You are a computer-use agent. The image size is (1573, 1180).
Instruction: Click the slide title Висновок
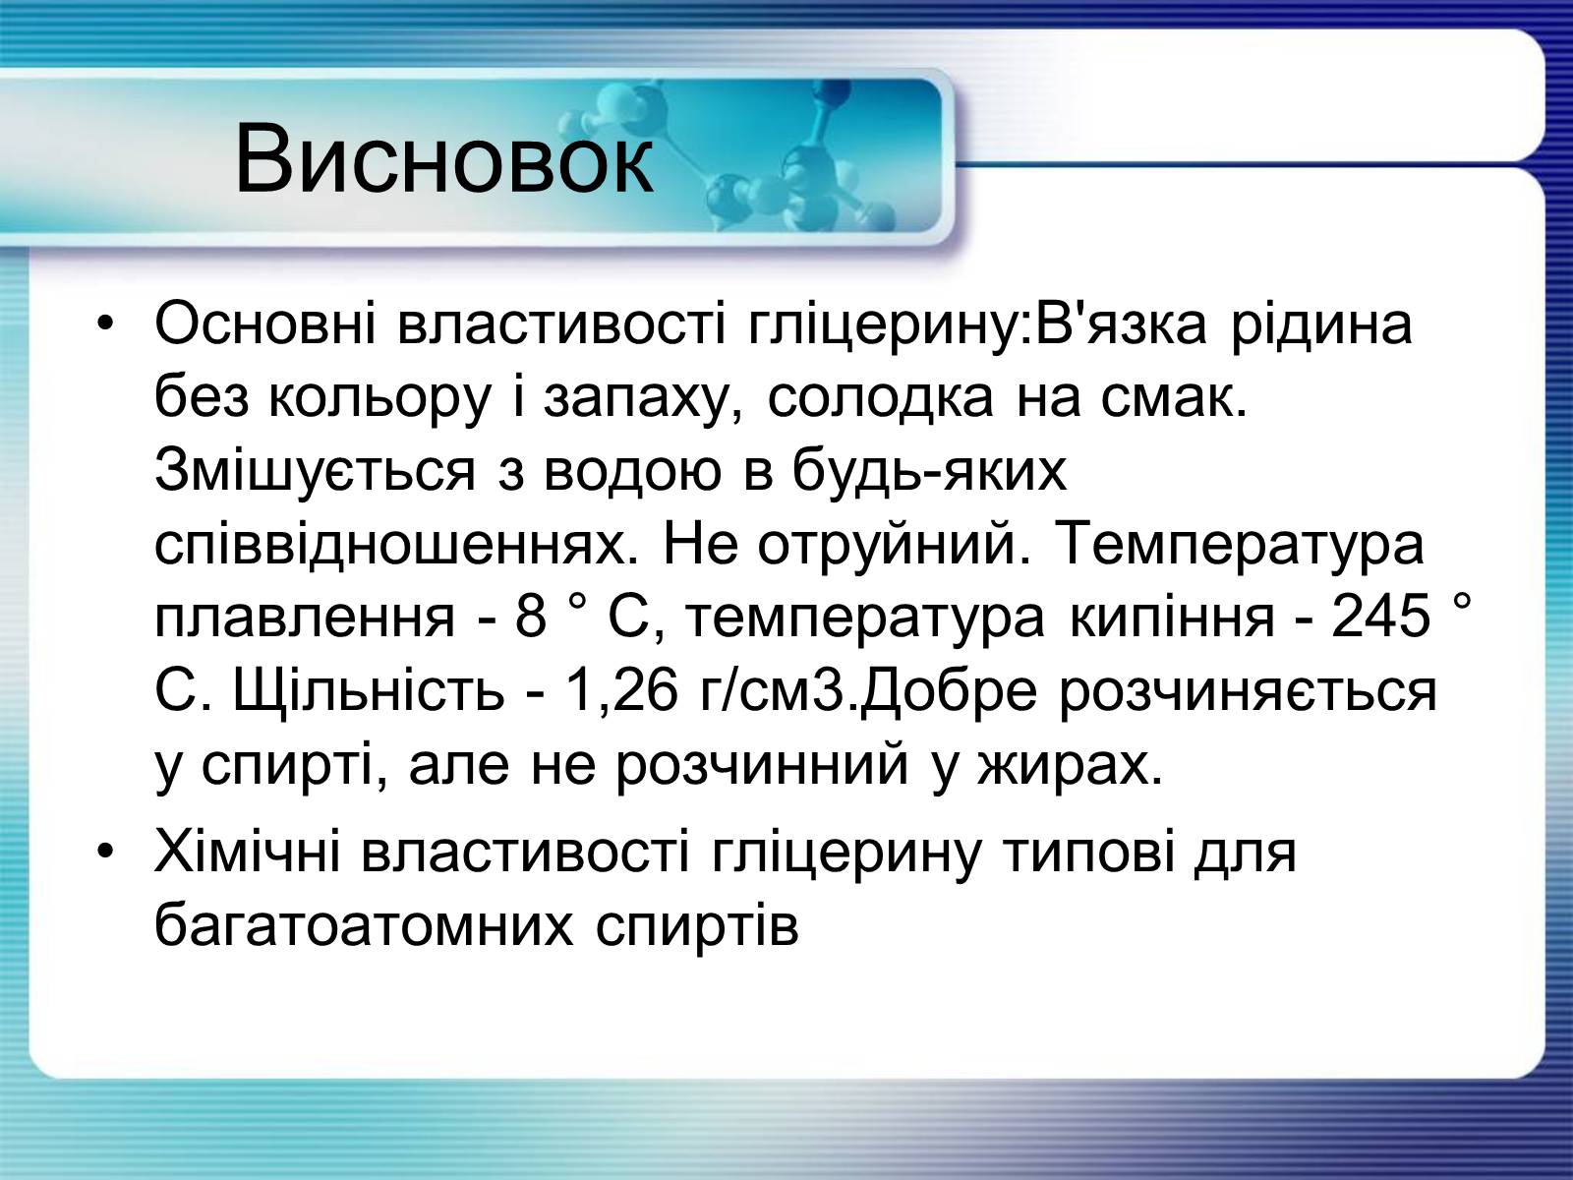point(443,159)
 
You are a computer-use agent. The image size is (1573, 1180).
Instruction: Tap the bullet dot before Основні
point(105,324)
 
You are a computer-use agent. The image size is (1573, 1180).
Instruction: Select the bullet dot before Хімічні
point(105,852)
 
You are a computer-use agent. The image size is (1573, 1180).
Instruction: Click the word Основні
point(265,324)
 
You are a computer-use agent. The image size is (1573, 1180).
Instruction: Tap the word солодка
point(880,398)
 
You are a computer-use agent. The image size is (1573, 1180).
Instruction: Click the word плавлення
point(305,617)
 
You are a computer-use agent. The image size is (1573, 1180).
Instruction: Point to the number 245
point(1380,617)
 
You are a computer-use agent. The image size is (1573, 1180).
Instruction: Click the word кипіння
point(1172,617)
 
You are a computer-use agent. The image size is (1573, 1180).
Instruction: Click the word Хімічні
point(247,852)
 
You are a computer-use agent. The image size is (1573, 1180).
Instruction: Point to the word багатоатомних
point(364,925)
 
